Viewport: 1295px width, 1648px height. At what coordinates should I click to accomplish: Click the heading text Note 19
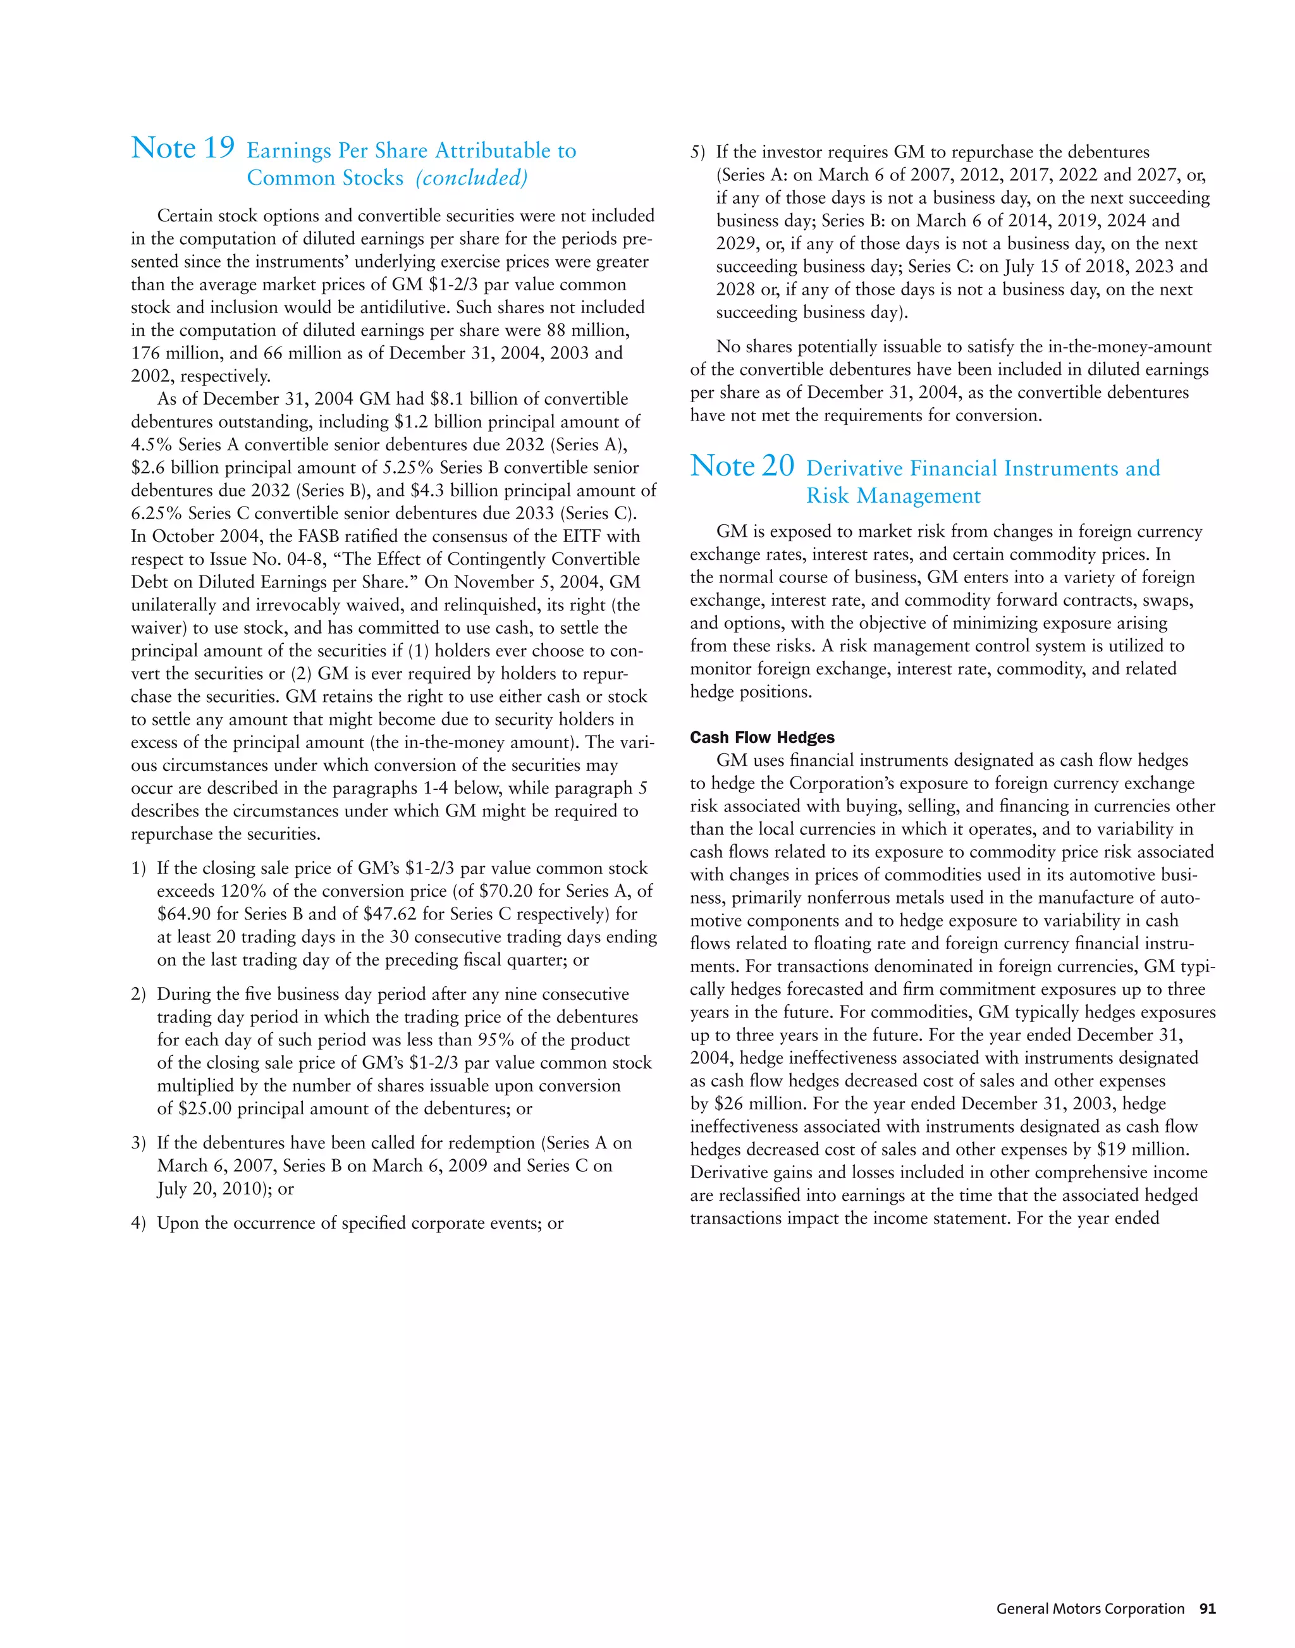tap(183, 149)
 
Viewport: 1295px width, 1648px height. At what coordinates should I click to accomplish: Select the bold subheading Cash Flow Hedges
tap(762, 738)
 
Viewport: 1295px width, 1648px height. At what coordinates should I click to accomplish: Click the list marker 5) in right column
tap(697, 152)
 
